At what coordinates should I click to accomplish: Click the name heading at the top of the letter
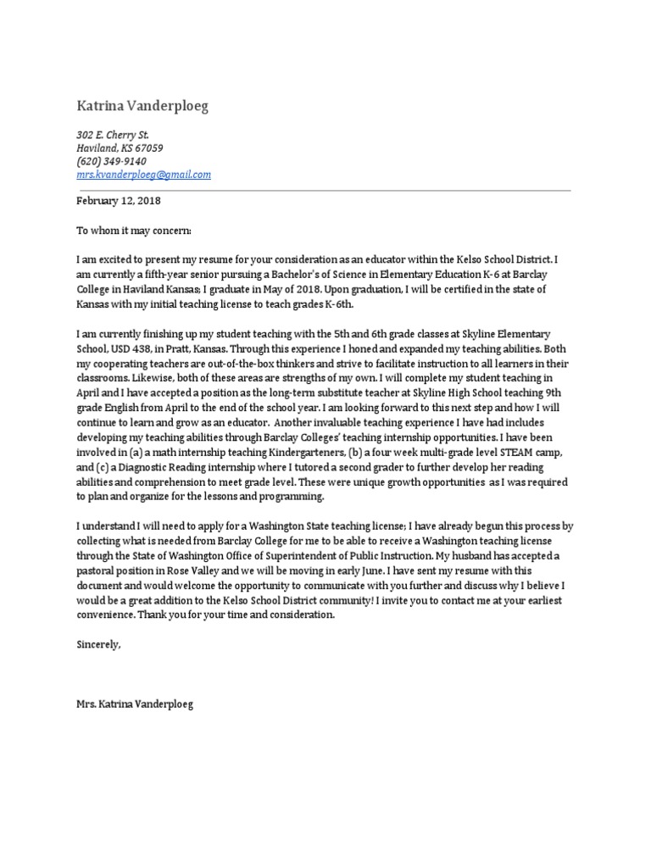pos(142,106)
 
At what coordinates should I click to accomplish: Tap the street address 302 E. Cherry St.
pos(113,135)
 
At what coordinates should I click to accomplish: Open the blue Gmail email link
pos(143,175)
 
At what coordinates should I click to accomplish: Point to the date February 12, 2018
pos(118,202)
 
